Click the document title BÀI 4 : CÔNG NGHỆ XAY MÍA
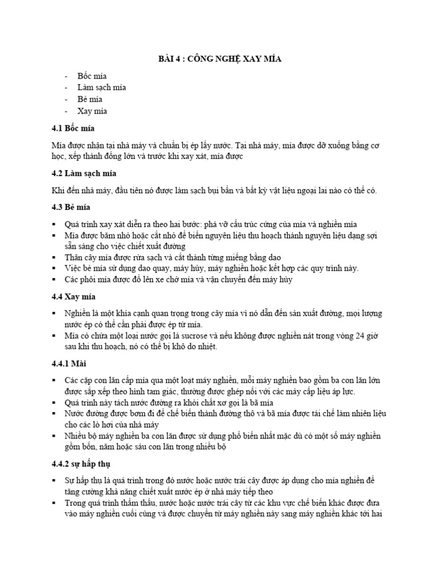click(x=219, y=59)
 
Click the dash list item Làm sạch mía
click(x=101, y=88)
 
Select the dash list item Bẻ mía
click(x=90, y=100)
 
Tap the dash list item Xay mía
click(x=92, y=111)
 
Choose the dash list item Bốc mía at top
click(x=92, y=76)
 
